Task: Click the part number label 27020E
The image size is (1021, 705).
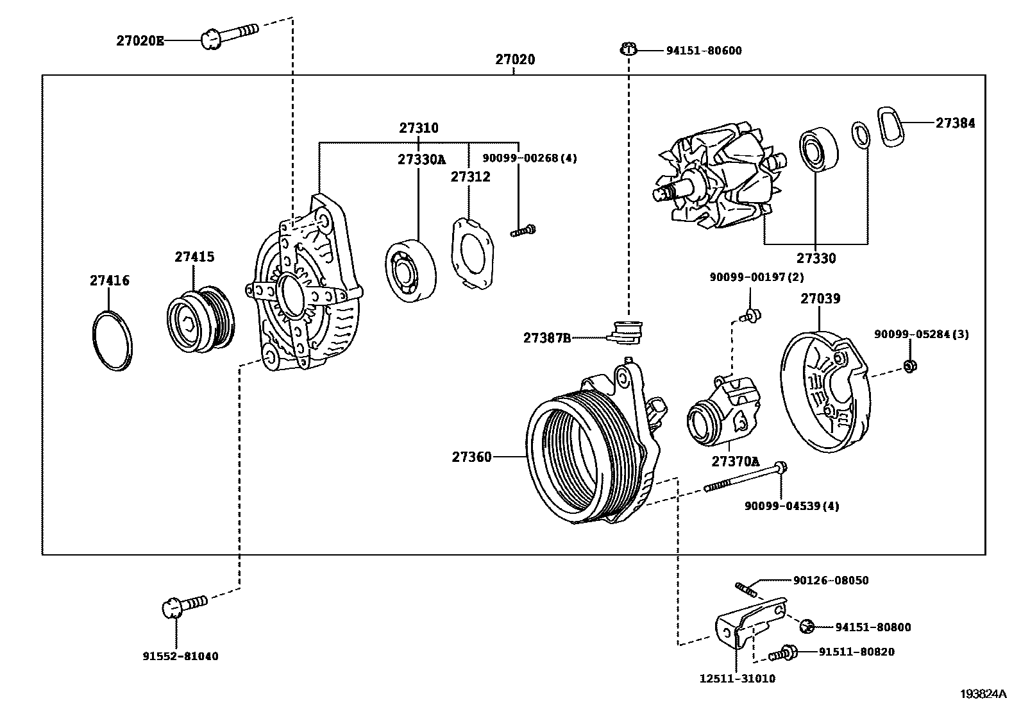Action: [x=140, y=41]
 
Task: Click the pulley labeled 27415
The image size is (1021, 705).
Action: [x=201, y=319]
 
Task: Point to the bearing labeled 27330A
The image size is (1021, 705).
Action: [x=410, y=271]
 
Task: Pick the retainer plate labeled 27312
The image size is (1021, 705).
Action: [x=473, y=253]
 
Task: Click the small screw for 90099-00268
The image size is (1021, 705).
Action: [x=523, y=230]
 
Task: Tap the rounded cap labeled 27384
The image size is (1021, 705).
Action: [x=891, y=126]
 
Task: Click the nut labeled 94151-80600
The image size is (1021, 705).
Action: [x=628, y=49]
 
